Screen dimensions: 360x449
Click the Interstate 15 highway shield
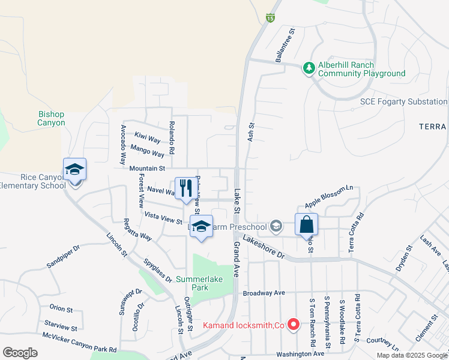coord(271,19)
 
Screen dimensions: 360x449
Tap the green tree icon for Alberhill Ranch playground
coord(309,68)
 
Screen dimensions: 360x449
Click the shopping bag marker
coord(306,224)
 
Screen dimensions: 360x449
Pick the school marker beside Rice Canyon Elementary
coord(75,170)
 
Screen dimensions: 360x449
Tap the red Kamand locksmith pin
coord(294,325)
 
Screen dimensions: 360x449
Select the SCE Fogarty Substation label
coord(403,102)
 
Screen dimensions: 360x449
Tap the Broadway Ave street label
coord(264,293)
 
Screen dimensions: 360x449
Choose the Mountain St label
coord(147,169)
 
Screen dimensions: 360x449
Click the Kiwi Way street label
coord(147,139)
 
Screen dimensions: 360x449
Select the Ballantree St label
coord(285,46)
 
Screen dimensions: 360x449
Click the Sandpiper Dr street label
coord(63,257)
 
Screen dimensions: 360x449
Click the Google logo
coord(20,353)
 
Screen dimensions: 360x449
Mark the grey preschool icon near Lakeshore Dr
coord(276,226)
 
